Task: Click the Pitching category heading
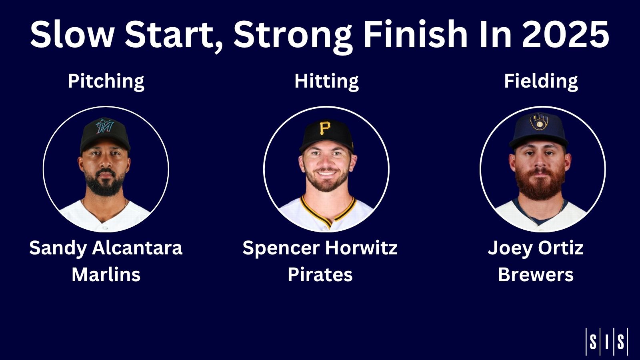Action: coord(106,82)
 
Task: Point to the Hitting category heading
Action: coord(326,82)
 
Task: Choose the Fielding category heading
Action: coord(541,82)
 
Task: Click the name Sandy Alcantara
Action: coord(106,248)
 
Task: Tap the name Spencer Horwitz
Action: coord(320,248)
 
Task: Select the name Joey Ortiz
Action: coord(536,248)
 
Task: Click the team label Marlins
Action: coord(106,274)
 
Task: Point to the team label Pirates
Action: coord(320,274)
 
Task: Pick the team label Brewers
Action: coord(536,274)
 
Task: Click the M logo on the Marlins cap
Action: coord(104,126)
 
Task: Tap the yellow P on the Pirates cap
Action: coord(325,128)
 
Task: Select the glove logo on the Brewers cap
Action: coord(539,122)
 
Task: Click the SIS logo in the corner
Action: coord(606,342)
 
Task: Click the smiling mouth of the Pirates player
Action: coord(326,174)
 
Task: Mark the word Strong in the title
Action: coord(293,36)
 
